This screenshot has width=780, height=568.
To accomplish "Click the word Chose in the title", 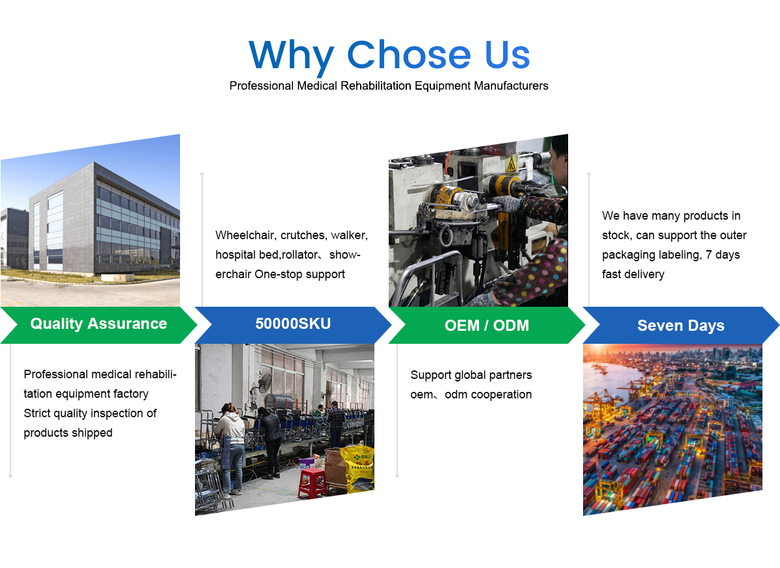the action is point(408,55).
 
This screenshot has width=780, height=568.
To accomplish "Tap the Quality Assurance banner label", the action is point(99,324).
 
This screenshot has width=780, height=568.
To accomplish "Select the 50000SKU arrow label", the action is point(293,324).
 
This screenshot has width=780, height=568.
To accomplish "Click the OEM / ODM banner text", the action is point(487,326).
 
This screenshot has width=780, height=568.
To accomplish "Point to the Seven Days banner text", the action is point(681,326).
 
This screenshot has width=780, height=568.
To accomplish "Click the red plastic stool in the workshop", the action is point(313,483).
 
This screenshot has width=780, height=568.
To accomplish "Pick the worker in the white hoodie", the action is point(229,449).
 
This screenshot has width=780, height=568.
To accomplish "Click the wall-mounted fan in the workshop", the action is point(265,383).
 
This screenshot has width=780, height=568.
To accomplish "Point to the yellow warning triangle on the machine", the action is point(511,164).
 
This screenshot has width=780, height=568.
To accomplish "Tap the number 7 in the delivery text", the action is point(708,255).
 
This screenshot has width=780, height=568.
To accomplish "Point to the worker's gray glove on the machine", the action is point(506,203).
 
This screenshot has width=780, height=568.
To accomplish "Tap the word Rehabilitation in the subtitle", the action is point(376,86).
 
